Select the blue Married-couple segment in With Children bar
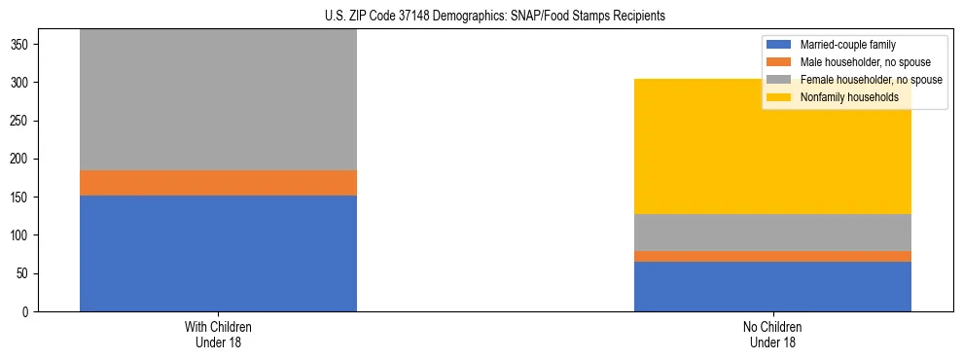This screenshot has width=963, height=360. pyautogui.click(x=218, y=253)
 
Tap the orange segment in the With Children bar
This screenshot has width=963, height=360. pyautogui.click(x=218, y=183)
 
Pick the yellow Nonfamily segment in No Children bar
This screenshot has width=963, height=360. pyautogui.click(x=772, y=146)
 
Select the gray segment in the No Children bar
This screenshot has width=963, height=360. pyautogui.click(x=772, y=233)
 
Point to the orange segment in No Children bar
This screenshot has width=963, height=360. pyautogui.click(x=772, y=256)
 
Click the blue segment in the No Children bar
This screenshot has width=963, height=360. pyautogui.click(x=772, y=286)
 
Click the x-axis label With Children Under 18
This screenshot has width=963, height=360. pyautogui.click(x=218, y=334)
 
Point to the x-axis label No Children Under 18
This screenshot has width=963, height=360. pyautogui.click(x=772, y=334)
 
